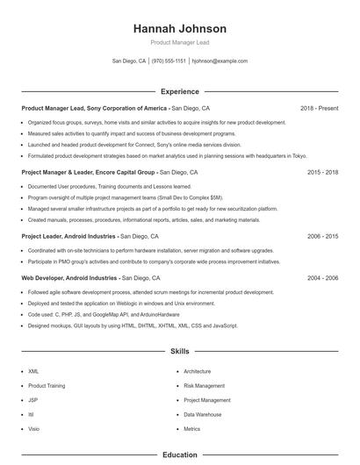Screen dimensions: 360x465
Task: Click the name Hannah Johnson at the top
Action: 179,29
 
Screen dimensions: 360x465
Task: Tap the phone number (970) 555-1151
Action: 169,61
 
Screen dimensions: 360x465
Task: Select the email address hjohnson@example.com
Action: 220,61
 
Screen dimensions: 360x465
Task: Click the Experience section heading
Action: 179,91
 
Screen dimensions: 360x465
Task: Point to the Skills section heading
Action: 179,351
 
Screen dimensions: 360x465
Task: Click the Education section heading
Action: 179,455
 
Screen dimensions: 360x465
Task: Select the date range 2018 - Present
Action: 319,108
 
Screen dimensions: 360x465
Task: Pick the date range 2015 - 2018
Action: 322,173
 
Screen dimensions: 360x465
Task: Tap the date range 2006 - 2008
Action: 322,236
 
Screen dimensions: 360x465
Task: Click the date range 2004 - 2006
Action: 322,277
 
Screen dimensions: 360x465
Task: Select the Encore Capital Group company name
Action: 125,173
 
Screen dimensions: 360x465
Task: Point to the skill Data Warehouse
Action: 202,414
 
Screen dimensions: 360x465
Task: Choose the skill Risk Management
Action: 204,386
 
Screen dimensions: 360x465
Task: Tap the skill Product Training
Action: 47,386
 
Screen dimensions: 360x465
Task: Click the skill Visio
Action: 33,429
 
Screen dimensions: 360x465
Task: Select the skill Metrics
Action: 191,429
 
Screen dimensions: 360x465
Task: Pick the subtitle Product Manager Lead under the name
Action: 179,42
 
